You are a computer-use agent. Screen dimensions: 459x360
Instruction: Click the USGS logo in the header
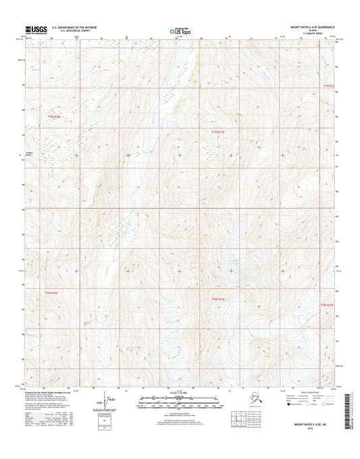[x=32, y=29]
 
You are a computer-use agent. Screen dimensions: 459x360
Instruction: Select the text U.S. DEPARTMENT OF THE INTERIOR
[x=71, y=27]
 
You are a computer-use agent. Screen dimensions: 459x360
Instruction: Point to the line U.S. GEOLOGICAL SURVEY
[x=64, y=31]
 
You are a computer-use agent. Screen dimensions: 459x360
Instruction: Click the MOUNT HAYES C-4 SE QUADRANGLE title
[x=311, y=27]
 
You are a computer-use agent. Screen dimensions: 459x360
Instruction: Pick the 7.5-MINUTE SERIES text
[x=313, y=34]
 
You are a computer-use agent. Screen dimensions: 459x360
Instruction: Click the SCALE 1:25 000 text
[x=179, y=393]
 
